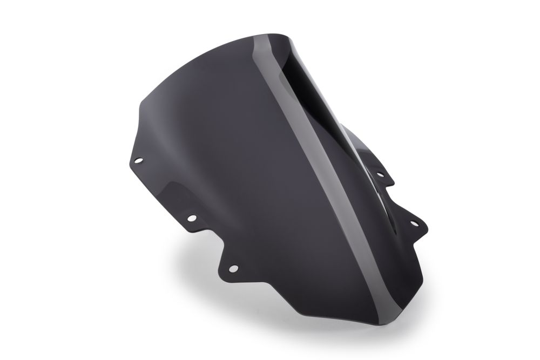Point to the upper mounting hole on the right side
380,174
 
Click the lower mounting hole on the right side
415,222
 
